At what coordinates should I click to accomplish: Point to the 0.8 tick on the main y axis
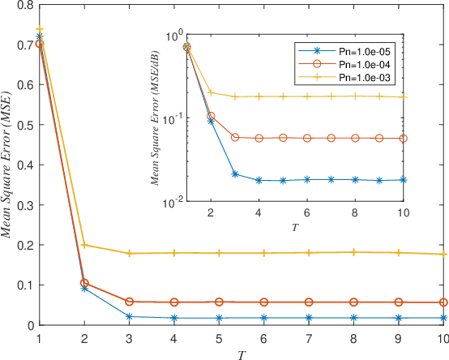pyautogui.click(x=24, y=5)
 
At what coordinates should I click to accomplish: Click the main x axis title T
pyautogui.click(x=243, y=354)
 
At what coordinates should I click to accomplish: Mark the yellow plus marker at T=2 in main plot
pyautogui.click(x=84, y=245)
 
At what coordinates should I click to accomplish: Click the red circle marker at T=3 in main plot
pyautogui.click(x=129, y=302)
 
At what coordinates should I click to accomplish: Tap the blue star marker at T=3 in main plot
pyautogui.click(x=129, y=316)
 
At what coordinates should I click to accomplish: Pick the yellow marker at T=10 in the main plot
pyautogui.click(x=443, y=254)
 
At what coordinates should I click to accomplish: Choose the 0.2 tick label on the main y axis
pyautogui.click(x=24, y=245)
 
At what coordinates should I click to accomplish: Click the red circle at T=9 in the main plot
pyautogui.click(x=398, y=302)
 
